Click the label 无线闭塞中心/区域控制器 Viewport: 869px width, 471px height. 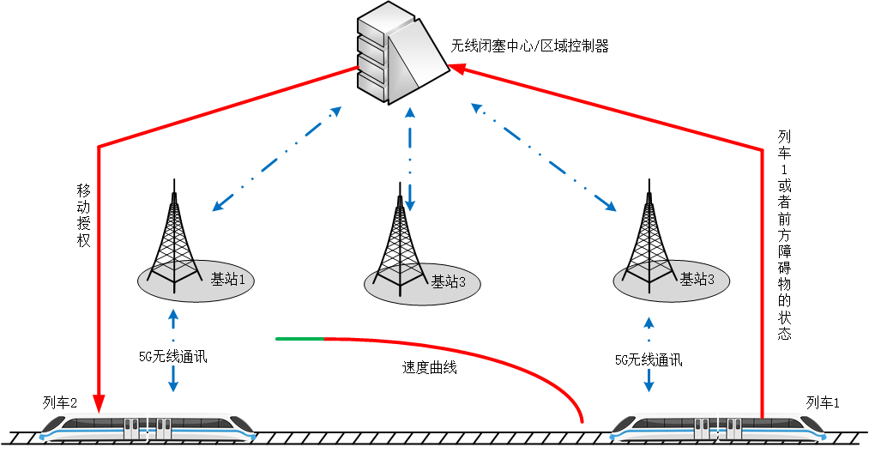(529, 46)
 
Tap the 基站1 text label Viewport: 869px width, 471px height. (227, 279)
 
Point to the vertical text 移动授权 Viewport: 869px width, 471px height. (83, 214)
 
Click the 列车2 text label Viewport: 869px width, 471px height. (60, 402)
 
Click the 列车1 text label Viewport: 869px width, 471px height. (823, 402)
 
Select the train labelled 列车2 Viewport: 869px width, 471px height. (150, 426)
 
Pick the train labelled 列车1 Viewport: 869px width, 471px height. (721, 426)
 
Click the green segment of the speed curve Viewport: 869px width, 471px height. (299, 339)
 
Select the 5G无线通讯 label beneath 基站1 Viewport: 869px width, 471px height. (173, 357)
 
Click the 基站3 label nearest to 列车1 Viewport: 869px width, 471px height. (697, 279)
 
